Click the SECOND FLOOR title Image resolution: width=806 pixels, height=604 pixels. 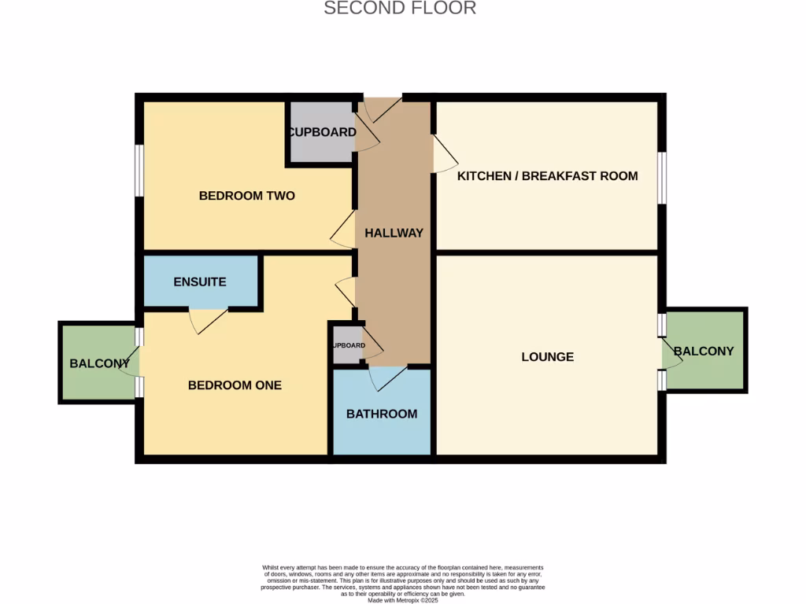tap(400, 9)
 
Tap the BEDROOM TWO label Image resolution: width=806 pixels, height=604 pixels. tap(246, 195)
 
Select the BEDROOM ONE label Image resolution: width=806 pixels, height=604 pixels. tap(235, 385)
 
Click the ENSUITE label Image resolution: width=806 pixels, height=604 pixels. tap(200, 282)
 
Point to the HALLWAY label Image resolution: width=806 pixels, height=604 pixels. tap(394, 233)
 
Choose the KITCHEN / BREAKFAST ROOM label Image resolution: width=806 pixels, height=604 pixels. tap(547, 175)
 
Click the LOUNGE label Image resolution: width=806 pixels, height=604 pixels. tap(547, 356)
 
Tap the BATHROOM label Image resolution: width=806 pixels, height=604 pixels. tap(382, 414)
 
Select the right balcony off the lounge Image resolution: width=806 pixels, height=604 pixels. tap(705, 351)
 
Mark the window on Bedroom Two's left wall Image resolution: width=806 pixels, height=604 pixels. tap(139, 170)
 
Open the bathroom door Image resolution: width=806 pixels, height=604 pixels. tap(387, 377)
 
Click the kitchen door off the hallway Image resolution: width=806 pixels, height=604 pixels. tap(442, 154)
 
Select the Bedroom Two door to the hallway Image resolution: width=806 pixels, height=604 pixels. tap(343, 230)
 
